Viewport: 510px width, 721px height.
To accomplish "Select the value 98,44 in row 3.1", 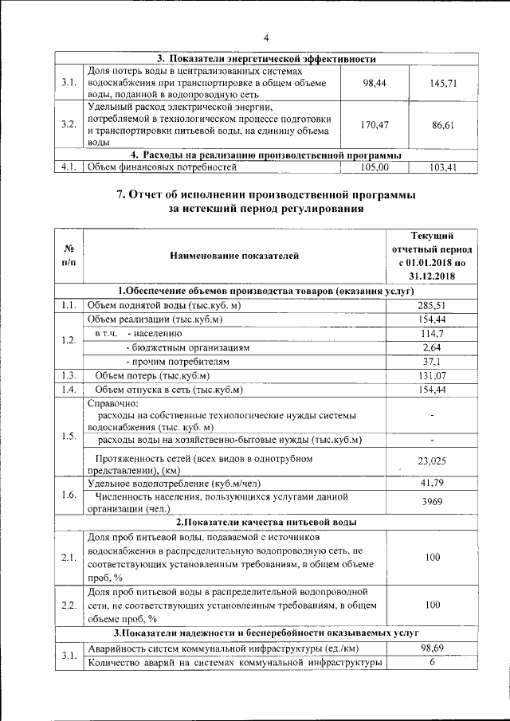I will pos(374,83).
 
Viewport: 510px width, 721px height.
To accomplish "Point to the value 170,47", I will pos(374,125).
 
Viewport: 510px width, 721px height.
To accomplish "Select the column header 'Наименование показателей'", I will pos(233,256).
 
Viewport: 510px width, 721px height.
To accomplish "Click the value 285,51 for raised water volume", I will pos(432,305).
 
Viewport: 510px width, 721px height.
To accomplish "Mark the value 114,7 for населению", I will pos(432,333).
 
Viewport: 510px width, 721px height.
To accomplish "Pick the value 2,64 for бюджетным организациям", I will pos(432,347).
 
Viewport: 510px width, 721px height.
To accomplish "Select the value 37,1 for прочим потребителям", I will pos(432,361).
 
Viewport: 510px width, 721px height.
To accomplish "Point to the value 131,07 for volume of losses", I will pos(432,375).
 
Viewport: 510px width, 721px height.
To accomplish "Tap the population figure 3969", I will pos(432,501).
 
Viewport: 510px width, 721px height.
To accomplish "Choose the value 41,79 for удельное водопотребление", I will pos(432,483).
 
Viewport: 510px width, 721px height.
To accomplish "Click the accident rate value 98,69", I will pos(432,648).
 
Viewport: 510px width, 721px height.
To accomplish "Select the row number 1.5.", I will pos(69,435).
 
